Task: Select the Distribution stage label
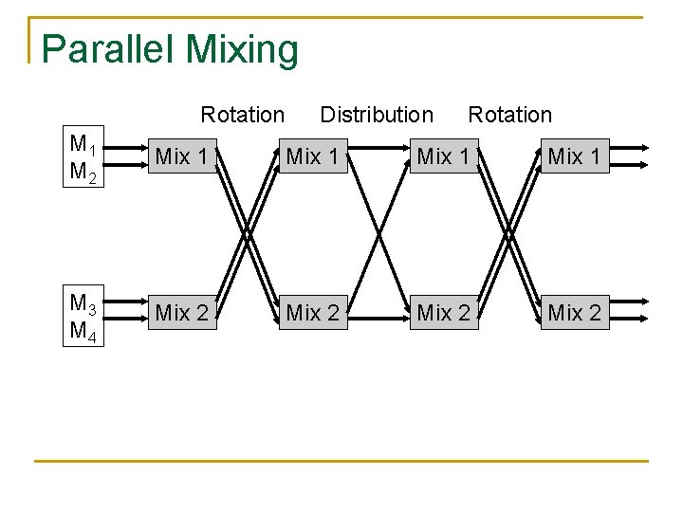click(377, 115)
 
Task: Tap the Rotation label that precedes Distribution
click(242, 115)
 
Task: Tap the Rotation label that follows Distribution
click(509, 115)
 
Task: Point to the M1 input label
click(83, 144)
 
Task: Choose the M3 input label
click(83, 302)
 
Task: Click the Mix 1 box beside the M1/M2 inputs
click(181, 156)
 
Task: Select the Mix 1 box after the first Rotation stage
click(312, 156)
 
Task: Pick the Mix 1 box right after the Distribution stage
click(443, 156)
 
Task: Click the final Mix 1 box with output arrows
click(574, 156)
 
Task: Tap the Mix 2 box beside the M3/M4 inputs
click(181, 312)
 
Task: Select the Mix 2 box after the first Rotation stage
click(312, 312)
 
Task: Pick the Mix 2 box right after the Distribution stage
click(443, 312)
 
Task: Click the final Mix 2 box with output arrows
click(574, 312)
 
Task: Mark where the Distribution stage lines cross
click(378, 231)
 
